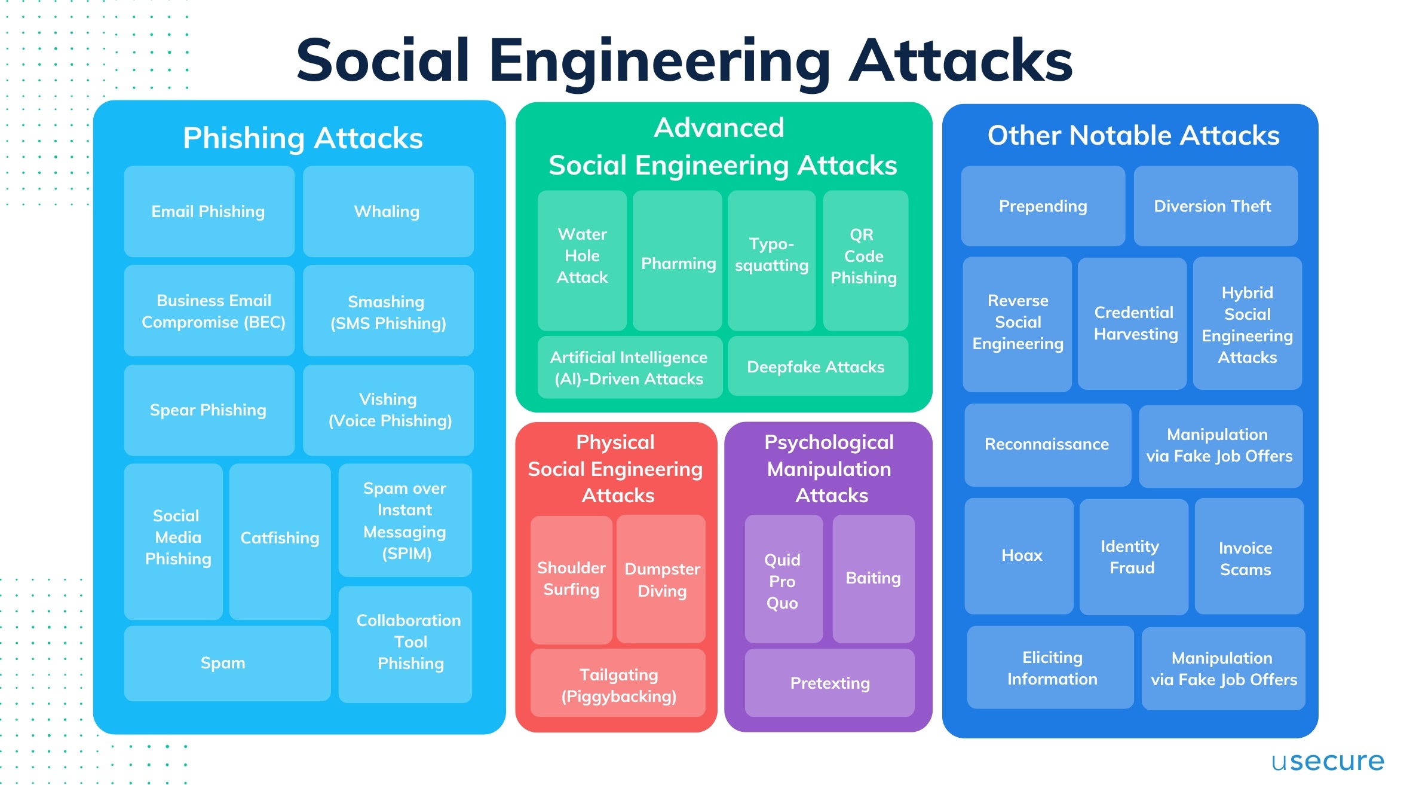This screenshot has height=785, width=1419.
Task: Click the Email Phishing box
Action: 209,212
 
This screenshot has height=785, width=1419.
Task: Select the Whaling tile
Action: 388,212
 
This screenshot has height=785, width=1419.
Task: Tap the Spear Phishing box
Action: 209,410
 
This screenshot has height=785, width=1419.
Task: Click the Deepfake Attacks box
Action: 816,366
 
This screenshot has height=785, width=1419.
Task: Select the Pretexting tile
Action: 829,683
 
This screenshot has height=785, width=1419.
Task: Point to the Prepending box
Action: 1043,206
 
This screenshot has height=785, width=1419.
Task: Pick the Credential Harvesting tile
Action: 1132,323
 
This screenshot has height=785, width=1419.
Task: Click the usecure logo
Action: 1327,761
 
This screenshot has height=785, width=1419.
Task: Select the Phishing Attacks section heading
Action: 303,138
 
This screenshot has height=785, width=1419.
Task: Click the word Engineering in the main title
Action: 660,62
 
